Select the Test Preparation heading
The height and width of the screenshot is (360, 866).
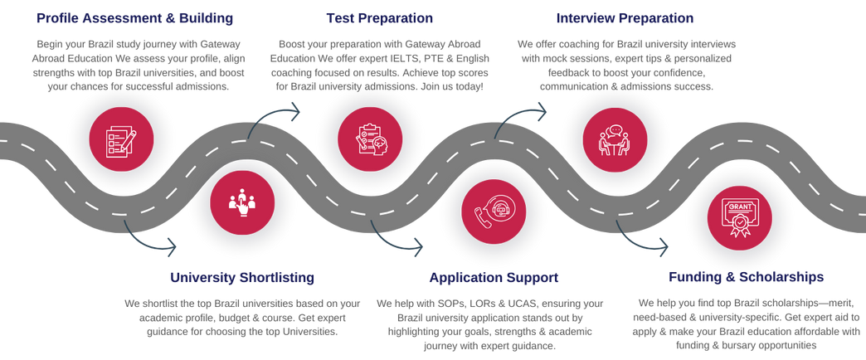pyautogui.click(x=379, y=17)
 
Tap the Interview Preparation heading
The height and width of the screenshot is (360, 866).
pyautogui.click(x=625, y=17)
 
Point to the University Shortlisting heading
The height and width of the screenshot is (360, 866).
pyautogui.click(x=242, y=276)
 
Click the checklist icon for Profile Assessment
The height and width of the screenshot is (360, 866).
pyautogui.click(x=118, y=139)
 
